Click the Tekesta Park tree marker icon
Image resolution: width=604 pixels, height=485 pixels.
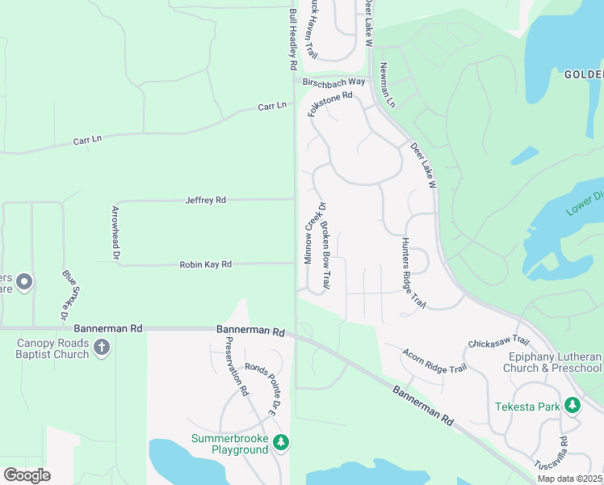click(573, 404)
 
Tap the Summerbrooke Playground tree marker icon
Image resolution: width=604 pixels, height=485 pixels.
click(281, 442)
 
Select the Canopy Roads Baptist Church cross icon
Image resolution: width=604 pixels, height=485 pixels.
click(101, 348)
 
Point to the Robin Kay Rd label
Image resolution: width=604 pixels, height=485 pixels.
click(205, 264)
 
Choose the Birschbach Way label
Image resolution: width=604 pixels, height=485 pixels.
click(333, 82)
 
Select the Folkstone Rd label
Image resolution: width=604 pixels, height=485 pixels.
click(330, 104)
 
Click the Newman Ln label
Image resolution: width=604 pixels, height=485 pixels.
click(388, 86)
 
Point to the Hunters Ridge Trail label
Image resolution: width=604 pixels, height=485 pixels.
click(413, 273)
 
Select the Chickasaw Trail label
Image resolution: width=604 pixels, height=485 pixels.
click(498, 342)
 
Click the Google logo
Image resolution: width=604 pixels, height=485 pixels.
click(27, 475)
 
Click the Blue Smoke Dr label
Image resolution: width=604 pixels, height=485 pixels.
click(70, 292)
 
